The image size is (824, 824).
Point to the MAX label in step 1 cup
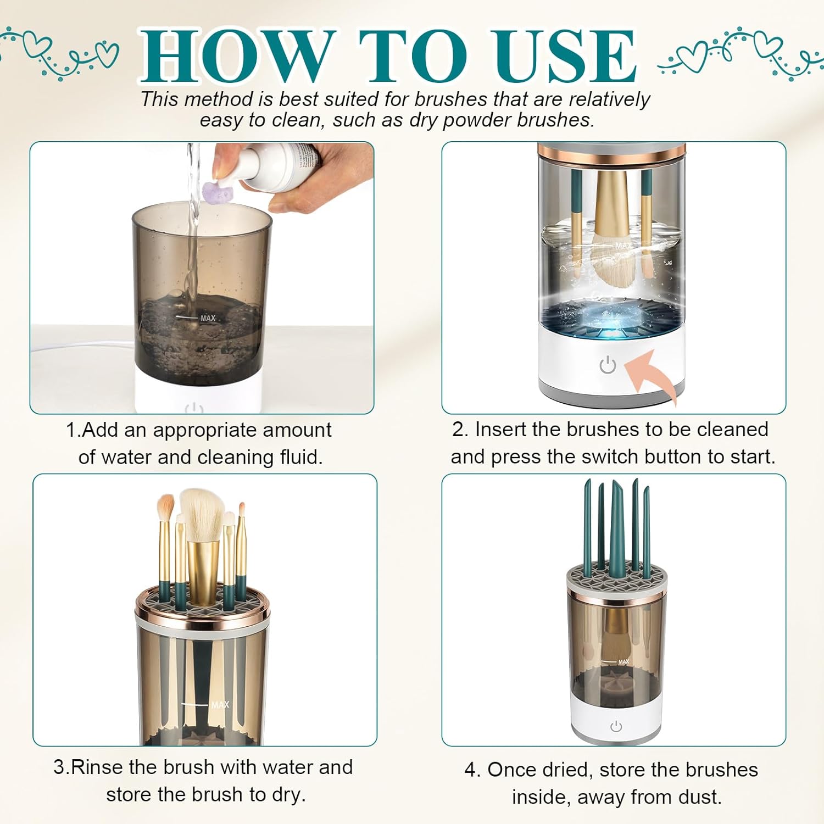tap(208, 318)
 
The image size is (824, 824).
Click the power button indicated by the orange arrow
tap(608, 365)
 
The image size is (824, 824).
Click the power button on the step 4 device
tap(616, 726)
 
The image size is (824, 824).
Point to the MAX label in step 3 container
tap(220, 705)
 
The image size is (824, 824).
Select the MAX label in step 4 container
tap(623, 661)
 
